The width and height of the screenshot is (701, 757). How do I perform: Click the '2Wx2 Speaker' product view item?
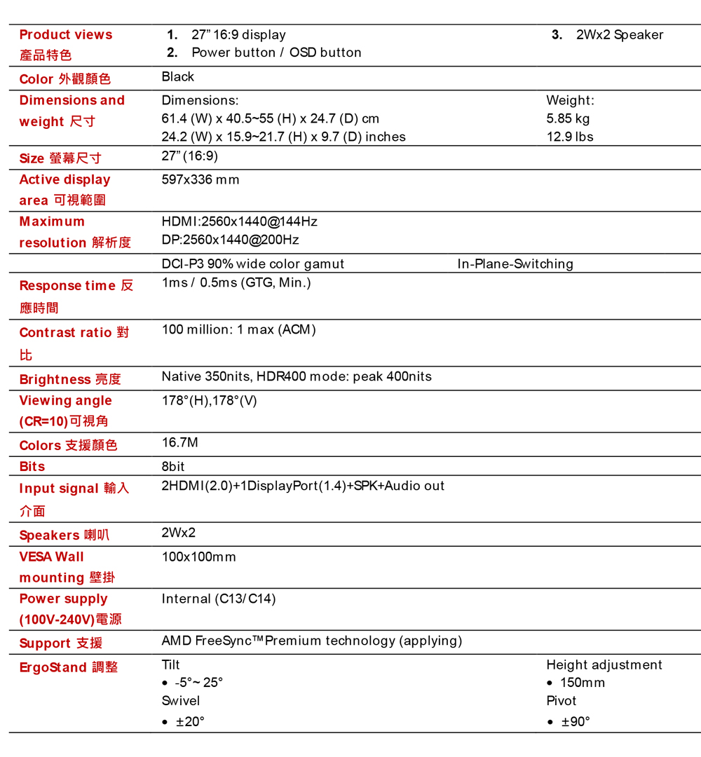pyautogui.click(x=619, y=35)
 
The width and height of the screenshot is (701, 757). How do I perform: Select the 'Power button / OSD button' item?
pyautogui.click(x=276, y=53)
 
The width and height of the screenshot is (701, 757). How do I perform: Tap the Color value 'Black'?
pyautogui.click(x=178, y=76)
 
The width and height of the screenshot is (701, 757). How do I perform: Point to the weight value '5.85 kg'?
pyautogui.click(x=568, y=118)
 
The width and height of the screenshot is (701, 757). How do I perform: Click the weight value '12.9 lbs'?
pyautogui.click(x=570, y=137)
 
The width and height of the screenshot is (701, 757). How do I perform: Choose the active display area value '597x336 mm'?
pyautogui.click(x=200, y=179)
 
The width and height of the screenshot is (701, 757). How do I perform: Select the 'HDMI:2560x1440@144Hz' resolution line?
pyautogui.click(x=239, y=221)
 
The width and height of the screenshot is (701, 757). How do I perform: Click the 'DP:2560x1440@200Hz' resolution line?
pyautogui.click(x=230, y=240)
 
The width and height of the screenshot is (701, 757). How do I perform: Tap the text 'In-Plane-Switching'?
pyautogui.click(x=515, y=264)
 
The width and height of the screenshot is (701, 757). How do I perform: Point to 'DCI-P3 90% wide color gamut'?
pyautogui.click(x=253, y=264)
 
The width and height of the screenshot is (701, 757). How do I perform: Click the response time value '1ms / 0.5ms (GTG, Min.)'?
pyautogui.click(x=236, y=282)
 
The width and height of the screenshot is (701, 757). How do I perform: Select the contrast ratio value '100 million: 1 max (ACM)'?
pyautogui.click(x=239, y=329)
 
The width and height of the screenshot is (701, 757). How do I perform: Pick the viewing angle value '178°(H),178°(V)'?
pyautogui.click(x=210, y=400)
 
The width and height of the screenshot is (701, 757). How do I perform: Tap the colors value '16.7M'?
pyautogui.click(x=180, y=442)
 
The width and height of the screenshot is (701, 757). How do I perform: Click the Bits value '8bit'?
pyautogui.click(x=173, y=466)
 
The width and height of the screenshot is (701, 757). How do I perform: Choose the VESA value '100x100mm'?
pyautogui.click(x=199, y=557)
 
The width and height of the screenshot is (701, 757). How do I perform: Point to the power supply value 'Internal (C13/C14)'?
pyautogui.click(x=219, y=599)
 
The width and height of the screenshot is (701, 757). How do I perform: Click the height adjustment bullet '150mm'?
pyautogui.click(x=583, y=683)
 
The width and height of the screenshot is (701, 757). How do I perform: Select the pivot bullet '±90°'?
pyautogui.click(x=576, y=721)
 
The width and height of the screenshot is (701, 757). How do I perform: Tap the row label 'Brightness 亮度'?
pyautogui.click(x=70, y=379)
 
